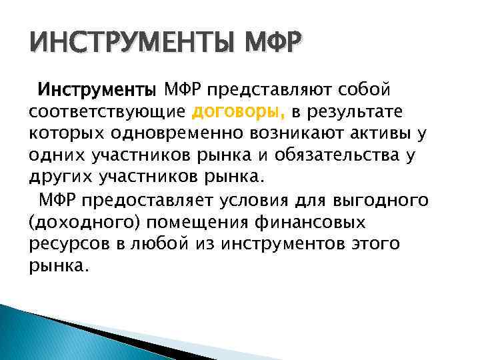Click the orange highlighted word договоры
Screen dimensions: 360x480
tap(231, 111)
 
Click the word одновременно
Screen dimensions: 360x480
tap(176, 133)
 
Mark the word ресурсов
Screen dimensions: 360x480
tap(65, 244)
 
